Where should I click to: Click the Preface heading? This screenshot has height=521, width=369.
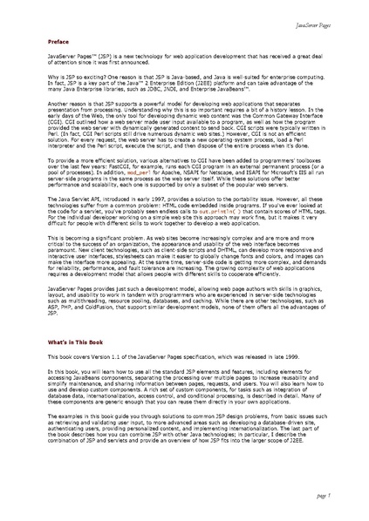59,42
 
